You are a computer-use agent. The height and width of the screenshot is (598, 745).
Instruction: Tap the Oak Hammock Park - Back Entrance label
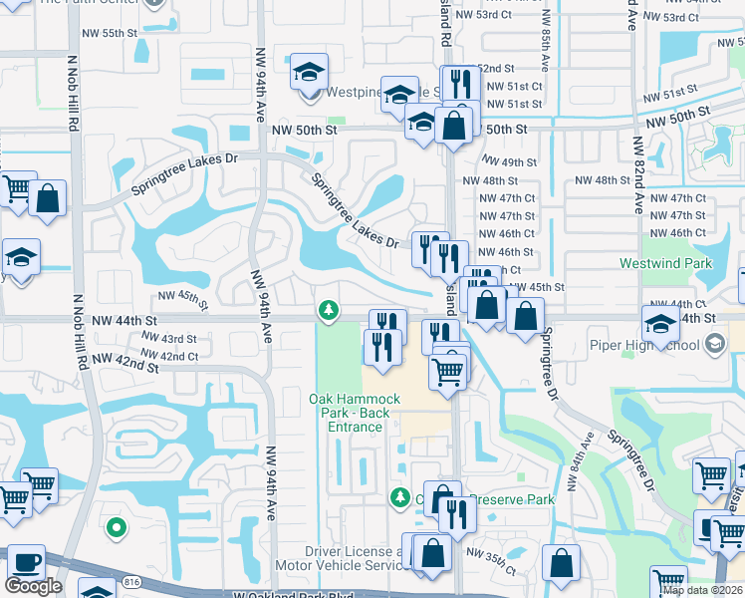[355, 413]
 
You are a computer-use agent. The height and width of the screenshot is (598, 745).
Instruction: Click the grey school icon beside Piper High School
[713, 345]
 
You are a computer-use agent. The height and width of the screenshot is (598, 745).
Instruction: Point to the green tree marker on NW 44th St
[327, 312]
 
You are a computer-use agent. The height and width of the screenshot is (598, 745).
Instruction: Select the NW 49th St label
[509, 162]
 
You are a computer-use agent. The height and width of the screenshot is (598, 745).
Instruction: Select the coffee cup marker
[26, 562]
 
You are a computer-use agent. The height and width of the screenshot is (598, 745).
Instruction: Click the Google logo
[33, 586]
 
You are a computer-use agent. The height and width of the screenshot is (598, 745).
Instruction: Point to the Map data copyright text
[702, 591]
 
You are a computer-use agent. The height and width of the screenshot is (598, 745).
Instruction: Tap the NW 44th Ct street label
[668, 303]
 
